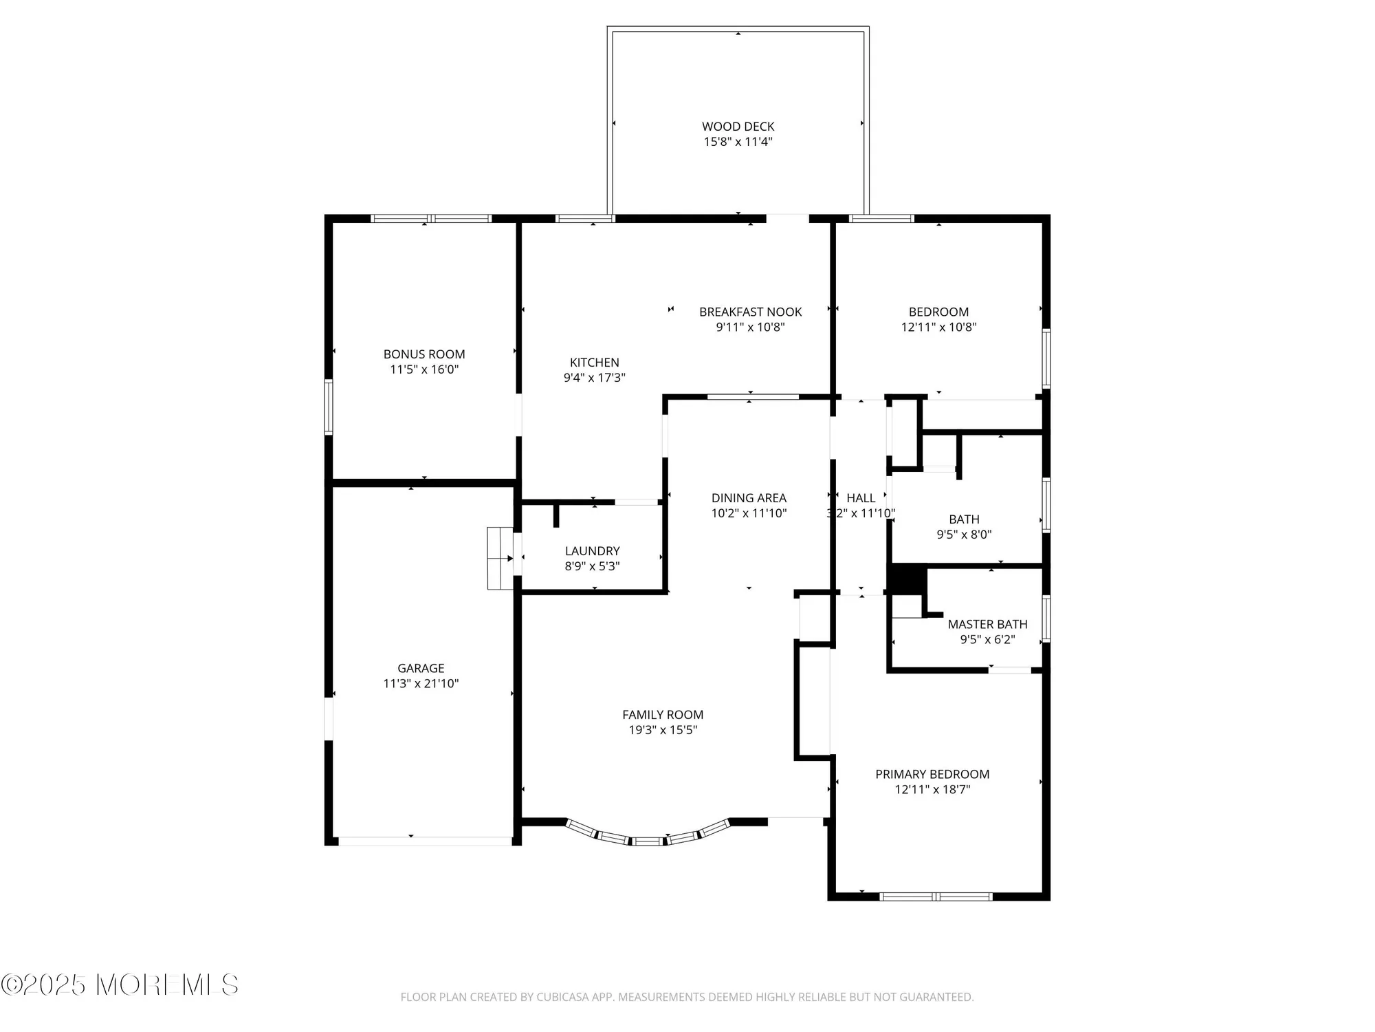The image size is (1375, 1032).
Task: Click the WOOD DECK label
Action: click(738, 127)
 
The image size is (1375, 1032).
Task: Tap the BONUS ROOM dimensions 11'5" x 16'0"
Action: click(424, 369)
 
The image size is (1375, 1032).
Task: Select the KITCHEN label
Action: click(594, 363)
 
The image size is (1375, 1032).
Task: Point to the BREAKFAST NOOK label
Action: click(750, 312)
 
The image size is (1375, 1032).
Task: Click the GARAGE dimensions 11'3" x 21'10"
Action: click(421, 683)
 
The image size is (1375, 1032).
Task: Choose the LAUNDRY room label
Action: click(592, 551)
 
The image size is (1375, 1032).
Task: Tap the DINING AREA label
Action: click(749, 498)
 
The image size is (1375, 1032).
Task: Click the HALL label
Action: click(861, 498)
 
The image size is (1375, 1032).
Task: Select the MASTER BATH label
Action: click(987, 624)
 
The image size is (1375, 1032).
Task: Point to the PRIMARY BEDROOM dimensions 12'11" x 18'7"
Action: click(932, 789)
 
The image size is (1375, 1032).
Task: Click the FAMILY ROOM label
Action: click(663, 715)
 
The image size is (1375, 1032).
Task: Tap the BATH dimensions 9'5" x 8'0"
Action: click(964, 535)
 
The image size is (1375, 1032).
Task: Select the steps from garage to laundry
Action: click(500, 558)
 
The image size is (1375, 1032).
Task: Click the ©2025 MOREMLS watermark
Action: click(120, 985)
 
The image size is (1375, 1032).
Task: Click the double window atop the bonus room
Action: click(431, 219)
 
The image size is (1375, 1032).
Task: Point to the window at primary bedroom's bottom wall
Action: click(936, 896)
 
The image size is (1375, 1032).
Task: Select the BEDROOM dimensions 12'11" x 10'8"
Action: click(938, 327)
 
